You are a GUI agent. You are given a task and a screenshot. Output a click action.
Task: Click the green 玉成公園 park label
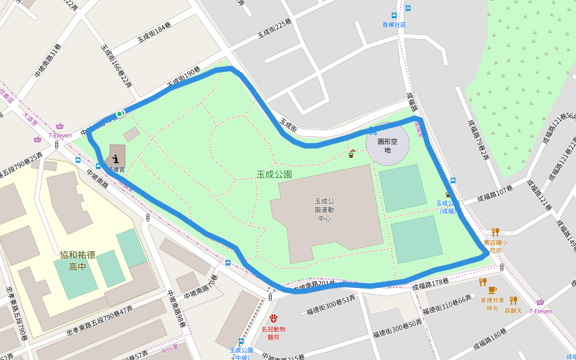pos(274,175)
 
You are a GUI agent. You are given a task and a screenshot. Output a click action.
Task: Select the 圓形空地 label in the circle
pos(387,146)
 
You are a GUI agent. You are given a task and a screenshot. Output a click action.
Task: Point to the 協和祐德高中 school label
pos(77,260)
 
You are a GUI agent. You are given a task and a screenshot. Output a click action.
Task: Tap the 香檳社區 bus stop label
pos(394,25)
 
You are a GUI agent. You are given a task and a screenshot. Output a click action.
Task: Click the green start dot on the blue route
pos(119,113)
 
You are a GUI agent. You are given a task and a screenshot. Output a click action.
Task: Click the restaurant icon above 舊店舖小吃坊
pos(495,232)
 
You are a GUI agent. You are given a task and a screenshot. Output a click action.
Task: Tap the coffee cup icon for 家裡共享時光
pos(492,290)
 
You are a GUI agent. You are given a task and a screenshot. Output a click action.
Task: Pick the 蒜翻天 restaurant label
pos(513,310)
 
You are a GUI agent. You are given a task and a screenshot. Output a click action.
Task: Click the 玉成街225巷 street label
pos(274,28)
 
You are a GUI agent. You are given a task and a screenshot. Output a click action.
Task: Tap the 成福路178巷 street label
pos(430,285)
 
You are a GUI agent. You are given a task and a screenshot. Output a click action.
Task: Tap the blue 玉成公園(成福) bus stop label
pos(448,207)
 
